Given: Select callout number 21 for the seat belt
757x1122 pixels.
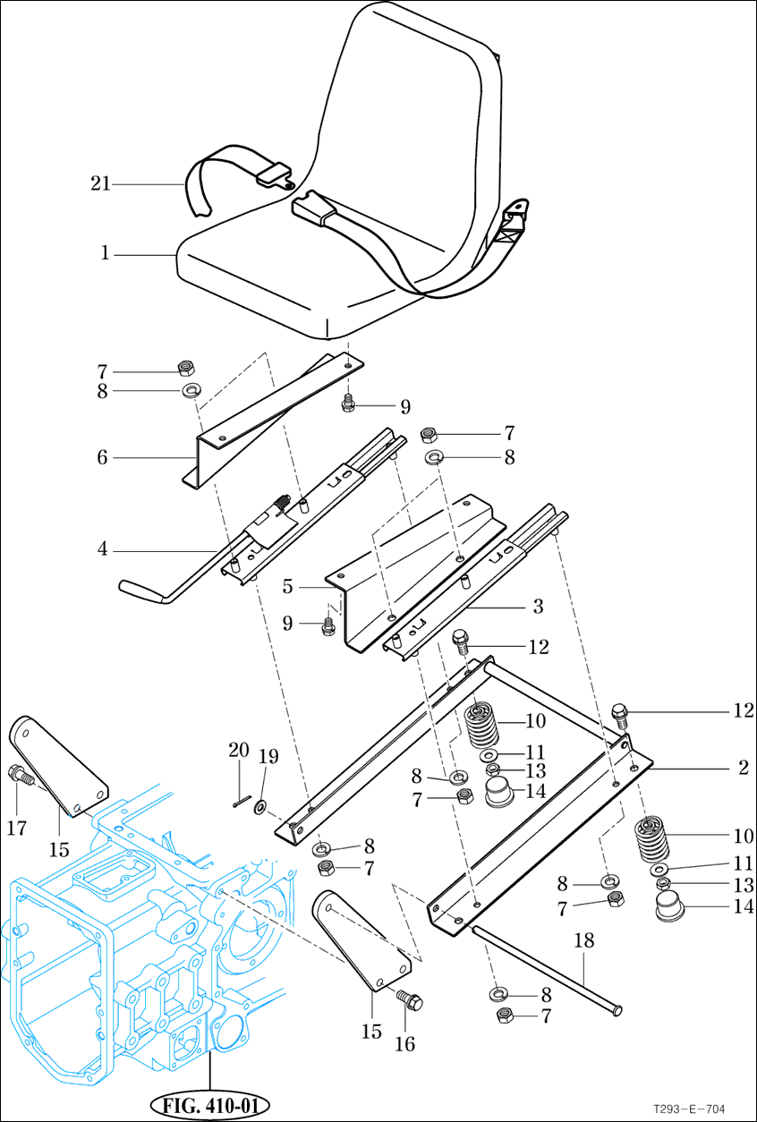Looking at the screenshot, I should (100, 184).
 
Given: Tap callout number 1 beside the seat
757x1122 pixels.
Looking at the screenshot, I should (105, 254).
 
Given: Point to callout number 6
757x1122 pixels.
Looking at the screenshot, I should (103, 458).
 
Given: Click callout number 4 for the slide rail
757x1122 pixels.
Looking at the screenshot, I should (103, 549).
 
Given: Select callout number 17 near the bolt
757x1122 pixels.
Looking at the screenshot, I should (16, 829).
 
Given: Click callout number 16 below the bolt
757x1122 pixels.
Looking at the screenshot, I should (408, 1043).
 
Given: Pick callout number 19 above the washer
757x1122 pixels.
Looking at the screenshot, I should (267, 757).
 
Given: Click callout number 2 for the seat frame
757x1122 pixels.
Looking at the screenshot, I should (743, 768).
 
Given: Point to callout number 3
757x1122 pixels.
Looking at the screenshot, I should (538, 607).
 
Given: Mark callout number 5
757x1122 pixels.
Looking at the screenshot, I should (288, 588).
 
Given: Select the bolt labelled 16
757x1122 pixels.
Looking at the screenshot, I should (408, 1000).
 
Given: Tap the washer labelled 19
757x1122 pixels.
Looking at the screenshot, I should (260, 808).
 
